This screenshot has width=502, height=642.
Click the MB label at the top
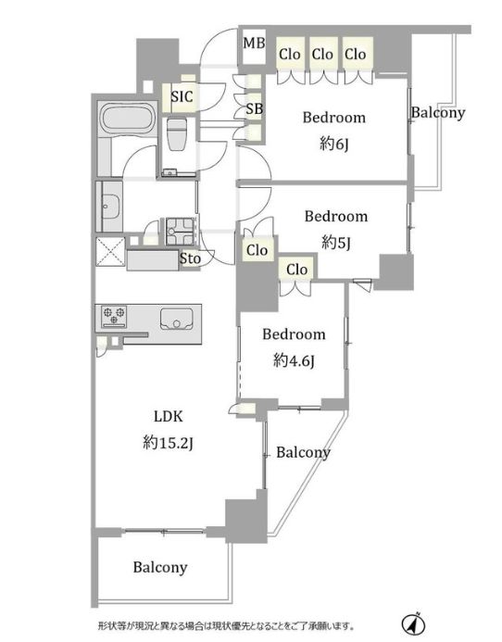tap(255, 43)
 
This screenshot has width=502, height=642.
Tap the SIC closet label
tap(182, 96)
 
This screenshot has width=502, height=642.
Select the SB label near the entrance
tap(255, 109)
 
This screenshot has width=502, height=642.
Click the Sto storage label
tap(191, 258)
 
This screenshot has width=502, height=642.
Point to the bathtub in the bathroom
tap(128, 119)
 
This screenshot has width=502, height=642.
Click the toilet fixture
tap(177, 134)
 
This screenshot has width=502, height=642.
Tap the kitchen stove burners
tap(114, 316)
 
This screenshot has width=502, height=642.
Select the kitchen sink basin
tap(177, 319)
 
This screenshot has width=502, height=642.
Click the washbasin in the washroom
tap(111, 207)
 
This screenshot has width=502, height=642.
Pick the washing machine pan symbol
tap(180, 232)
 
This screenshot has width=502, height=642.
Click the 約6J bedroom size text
tap(334, 144)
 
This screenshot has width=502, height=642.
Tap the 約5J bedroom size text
tap(336, 243)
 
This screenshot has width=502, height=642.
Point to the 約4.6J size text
tap(294, 360)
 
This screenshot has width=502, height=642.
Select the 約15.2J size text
tap(168, 443)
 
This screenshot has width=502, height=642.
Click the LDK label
tap(169, 416)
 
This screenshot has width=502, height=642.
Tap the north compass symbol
tap(414, 623)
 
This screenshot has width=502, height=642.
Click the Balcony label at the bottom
tap(160, 568)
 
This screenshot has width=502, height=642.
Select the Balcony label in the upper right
tap(438, 113)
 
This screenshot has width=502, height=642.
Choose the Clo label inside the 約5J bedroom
tap(257, 250)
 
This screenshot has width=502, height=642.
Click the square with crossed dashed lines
tap(110, 252)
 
